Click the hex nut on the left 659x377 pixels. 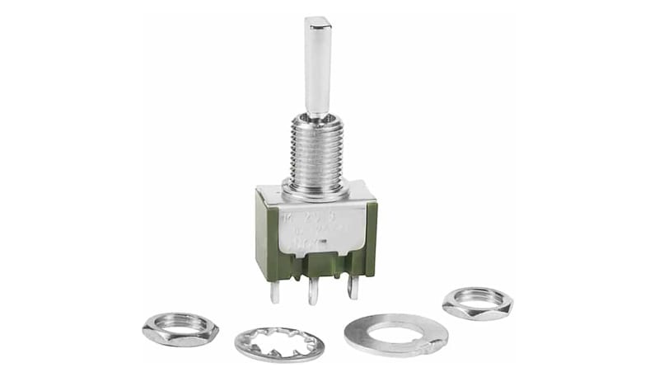pyautogui.click(x=180, y=329)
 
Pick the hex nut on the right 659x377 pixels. pyautogui.click(x=477, y=303)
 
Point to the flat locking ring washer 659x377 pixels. pyautogui.click(x=395, y=335)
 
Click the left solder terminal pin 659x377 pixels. pyautogui.click(x=275, y=290)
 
